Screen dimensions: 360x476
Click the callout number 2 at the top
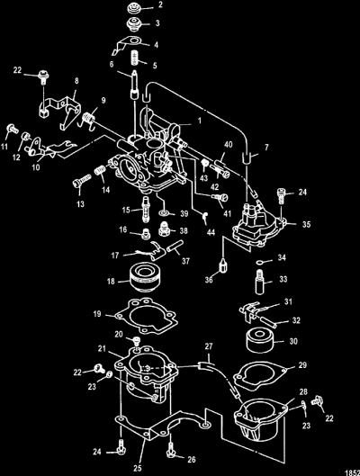(x=160, y=4)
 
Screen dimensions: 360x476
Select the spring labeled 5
(x=134, y=58)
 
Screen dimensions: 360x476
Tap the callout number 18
(x=111, y=281)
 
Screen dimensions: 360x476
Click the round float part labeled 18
(x=145, y=276)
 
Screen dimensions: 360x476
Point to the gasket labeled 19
(x=145, y=316)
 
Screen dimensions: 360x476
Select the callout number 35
(x=307, y=224)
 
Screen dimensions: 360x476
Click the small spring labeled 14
(x=100, y=171)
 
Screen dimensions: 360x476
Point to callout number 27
(x=209, y=346)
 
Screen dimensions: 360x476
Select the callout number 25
(x=138, y=468)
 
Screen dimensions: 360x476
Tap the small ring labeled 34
(x=260, y=261)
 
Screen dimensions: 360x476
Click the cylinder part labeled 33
(x=260, y=283)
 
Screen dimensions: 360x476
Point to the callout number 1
(x=200, y=121)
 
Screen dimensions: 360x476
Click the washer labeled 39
(x=165, y=213)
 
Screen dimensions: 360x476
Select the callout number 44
(x=211, y=232)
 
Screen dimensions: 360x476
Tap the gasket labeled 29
(x=260, y=376)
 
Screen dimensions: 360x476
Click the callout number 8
(x=76, y=80)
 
